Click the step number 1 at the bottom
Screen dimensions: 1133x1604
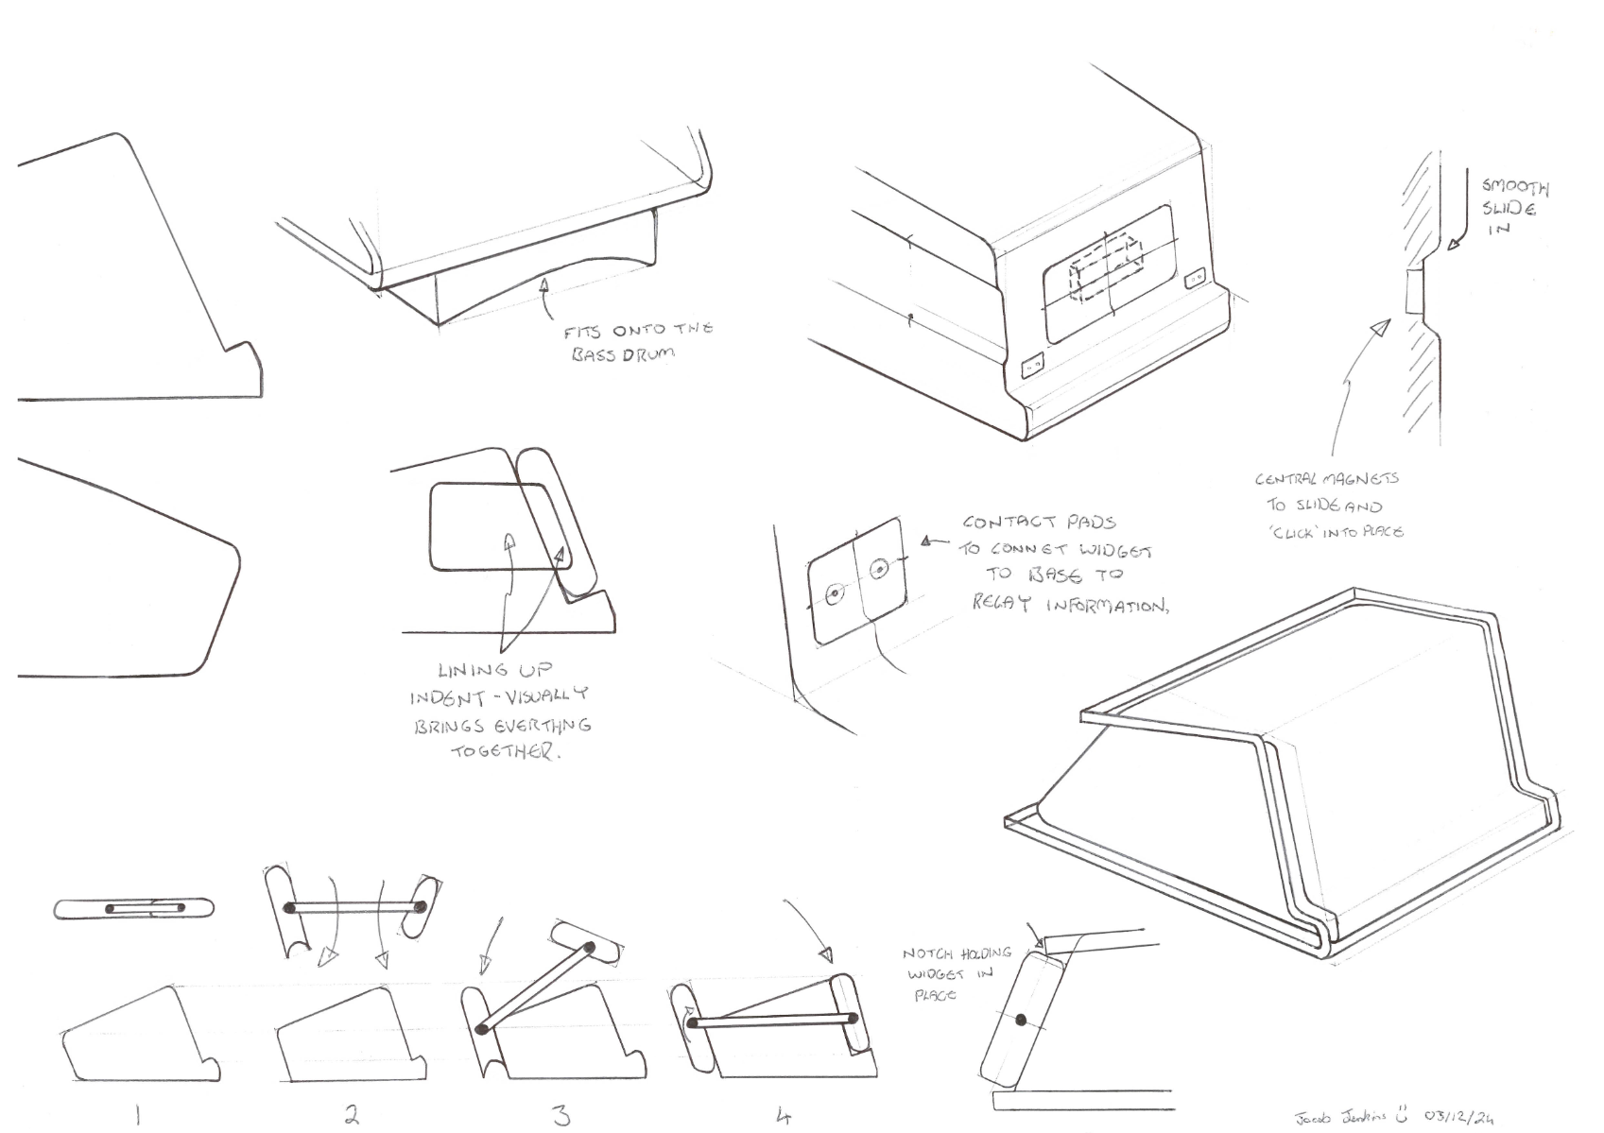pyautogui.click(x=138, y=1116)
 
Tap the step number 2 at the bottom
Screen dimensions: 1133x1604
pyautogui.click(x=352, y=1115)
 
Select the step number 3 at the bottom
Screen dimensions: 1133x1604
pyautogui.click(x=561, y=1116)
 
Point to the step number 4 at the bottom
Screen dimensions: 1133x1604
pyautogui.click(x=783, y=1116)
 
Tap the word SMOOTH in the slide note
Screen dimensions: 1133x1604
pyautogui.click(x=1515, y=188)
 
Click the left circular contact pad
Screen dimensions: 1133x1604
pyautogui.click(x=834, y=595)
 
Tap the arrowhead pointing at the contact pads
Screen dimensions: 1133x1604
pyautogui.click(x=929, y=541)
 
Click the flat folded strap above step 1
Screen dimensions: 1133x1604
pyautogui.click(x=134, y=909)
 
